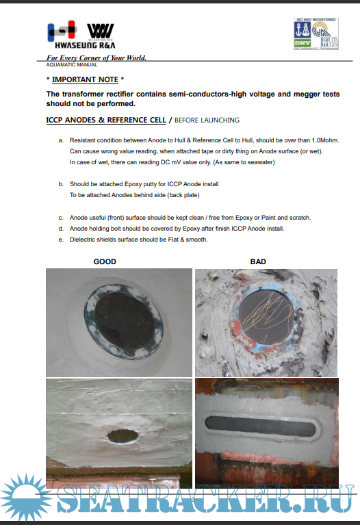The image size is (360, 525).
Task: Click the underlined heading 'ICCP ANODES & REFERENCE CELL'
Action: tap(105, 120)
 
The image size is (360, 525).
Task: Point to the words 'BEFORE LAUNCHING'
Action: tap(205, 120)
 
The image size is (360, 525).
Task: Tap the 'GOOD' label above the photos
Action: tap(105, 261)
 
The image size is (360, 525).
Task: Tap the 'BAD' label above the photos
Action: tap(258, 261)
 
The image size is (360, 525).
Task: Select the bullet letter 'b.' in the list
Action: tap(62, 184)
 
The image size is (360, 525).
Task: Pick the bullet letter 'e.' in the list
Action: tap(62, 240)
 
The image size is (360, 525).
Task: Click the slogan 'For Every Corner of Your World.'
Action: tap(96, 58)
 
